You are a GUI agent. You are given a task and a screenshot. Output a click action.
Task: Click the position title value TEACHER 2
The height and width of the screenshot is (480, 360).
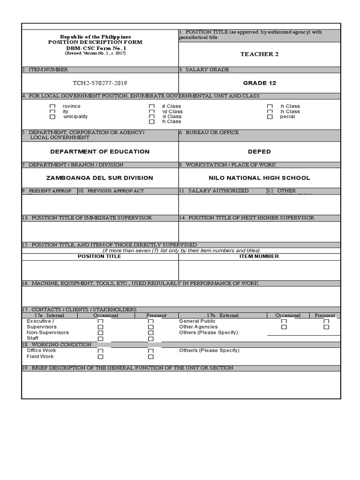pyautogui.click(x=259, y=54)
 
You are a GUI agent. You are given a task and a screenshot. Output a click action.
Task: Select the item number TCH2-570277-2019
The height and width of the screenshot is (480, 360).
pyautogui.click(x=99, y=83)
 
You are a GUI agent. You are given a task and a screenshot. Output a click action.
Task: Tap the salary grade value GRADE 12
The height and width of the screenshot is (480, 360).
pyautogui.click(x=259, y=83)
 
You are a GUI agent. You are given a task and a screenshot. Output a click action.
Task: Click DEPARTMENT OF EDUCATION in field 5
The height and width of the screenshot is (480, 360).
pyautogui.click(x=100, y=151)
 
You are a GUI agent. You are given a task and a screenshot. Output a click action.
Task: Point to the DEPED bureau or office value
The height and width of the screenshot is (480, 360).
pyautogui.click(x=259, y=151)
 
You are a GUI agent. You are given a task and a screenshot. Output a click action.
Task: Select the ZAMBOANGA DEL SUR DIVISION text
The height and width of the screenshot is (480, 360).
pyautogui.click(x=99, y=178)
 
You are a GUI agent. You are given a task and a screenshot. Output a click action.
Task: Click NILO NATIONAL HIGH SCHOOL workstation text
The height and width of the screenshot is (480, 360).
pyautogui.click(x=259, y=178)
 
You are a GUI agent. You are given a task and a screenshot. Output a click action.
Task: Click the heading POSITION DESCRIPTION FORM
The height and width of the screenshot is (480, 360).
pyautogui.click(x=95, y=42)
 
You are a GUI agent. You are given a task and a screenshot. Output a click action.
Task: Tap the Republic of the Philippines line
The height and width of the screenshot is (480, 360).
pyautogui.click(x=95, y=37)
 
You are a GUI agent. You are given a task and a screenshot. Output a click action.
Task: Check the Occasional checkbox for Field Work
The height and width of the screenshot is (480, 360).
pyautogui.click(x=100, y=357)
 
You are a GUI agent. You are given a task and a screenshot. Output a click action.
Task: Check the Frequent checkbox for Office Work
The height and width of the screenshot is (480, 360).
pyautogui.click(x=151, y=351)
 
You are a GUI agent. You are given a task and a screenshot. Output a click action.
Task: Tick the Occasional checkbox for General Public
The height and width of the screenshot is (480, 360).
pyautogui.click(x=284, y=322)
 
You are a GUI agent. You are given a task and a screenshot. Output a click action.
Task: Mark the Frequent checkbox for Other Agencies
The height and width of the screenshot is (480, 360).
pyautogui.click(x=326, y=327)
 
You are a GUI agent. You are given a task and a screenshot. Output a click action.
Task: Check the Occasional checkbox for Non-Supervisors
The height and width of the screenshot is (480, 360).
pyautogui.click(x=100, y=333)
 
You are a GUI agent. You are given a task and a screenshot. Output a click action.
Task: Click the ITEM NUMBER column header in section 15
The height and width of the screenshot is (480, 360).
pyautogui.click(x=259, y=256)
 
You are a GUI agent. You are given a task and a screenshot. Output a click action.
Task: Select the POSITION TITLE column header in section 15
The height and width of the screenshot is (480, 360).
pyautogui.click(x=99, y=256)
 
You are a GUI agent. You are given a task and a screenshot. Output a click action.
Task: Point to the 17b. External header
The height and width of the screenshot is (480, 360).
pyautogui.click(x=222, y=315)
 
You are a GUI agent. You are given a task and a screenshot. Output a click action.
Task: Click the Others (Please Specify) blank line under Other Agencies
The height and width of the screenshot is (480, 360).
pyautogui.click(x=303, y=333)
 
